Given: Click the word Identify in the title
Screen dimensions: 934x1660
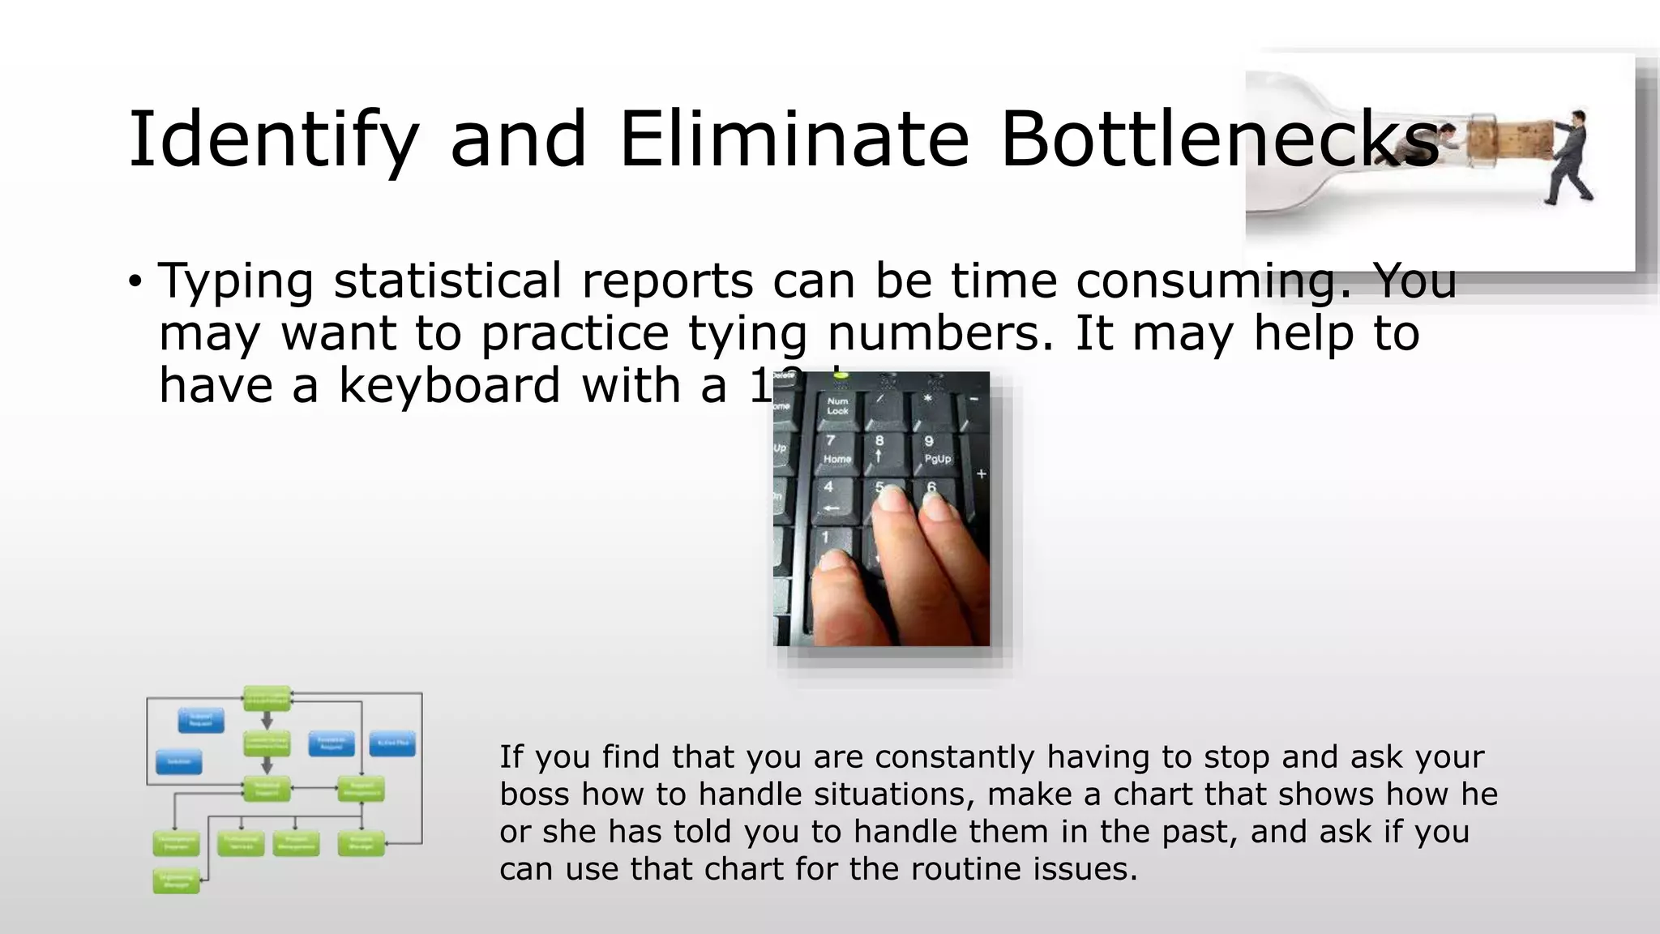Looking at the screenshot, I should point(272,139).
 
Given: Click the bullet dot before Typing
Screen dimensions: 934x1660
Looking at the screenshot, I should point(135,282).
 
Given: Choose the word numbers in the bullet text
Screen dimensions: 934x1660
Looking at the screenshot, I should point(940,332).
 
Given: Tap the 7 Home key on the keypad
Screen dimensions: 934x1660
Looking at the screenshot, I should point(836,451).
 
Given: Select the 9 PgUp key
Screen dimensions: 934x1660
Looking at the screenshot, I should point(934,451).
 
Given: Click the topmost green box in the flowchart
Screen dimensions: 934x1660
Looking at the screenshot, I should point(267,697).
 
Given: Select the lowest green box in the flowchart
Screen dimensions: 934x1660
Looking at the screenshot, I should point(176,881).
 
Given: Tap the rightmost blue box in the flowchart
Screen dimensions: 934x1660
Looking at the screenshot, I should point(393,743).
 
